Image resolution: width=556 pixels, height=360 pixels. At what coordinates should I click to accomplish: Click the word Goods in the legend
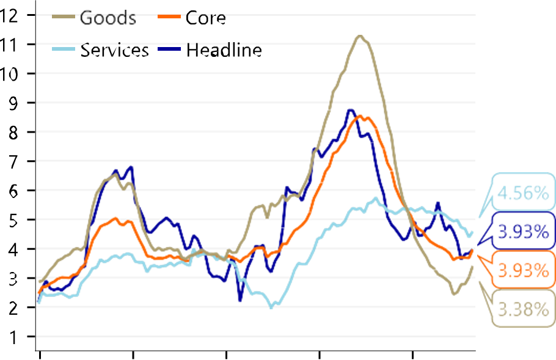[x=108, y=17]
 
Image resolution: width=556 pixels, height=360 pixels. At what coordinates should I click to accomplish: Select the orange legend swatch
[x=169, y=17]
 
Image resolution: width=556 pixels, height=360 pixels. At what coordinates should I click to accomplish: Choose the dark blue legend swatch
[x=169, y=47]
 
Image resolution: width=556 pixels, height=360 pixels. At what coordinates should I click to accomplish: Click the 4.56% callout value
[x=522, y=194]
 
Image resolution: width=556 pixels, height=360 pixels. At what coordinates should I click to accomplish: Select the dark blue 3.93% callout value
[x=522, y=232]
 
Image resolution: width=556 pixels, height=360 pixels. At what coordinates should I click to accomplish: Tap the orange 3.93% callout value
[x=522, y=270]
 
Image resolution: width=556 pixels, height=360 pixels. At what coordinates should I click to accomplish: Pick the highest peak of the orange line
[x=360, y=116]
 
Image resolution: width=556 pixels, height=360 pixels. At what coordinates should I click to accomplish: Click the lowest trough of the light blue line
[x=272, y=306]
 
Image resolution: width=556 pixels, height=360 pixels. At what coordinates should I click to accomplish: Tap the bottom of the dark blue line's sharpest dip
[x=240, y=301]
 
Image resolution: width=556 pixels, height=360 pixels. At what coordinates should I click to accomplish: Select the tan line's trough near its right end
[x=454, y=295]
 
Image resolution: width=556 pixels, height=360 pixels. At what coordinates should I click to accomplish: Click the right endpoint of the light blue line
[x=470, y=235]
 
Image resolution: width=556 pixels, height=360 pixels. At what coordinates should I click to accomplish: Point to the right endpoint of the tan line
[x=472, y=267]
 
